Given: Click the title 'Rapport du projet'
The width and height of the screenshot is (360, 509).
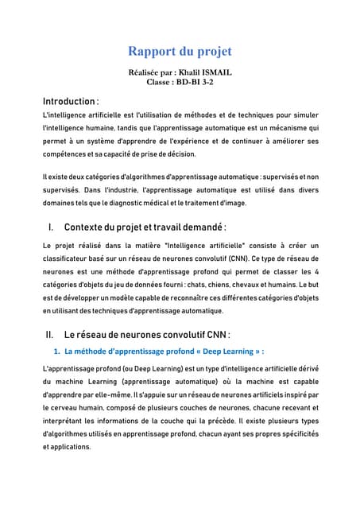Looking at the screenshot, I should click(180, 52).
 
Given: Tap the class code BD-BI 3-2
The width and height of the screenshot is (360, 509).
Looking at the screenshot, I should click(194, 82).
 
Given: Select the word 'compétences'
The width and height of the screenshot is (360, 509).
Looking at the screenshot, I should click(65, 154).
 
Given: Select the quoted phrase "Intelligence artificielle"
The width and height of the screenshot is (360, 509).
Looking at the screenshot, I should click(208, 246).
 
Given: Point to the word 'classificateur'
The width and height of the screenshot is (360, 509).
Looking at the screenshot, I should click(71, 259).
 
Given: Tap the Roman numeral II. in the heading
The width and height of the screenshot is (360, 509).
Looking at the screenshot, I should click(50, 335).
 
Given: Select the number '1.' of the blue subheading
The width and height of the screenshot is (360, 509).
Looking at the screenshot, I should click(56, 351).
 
